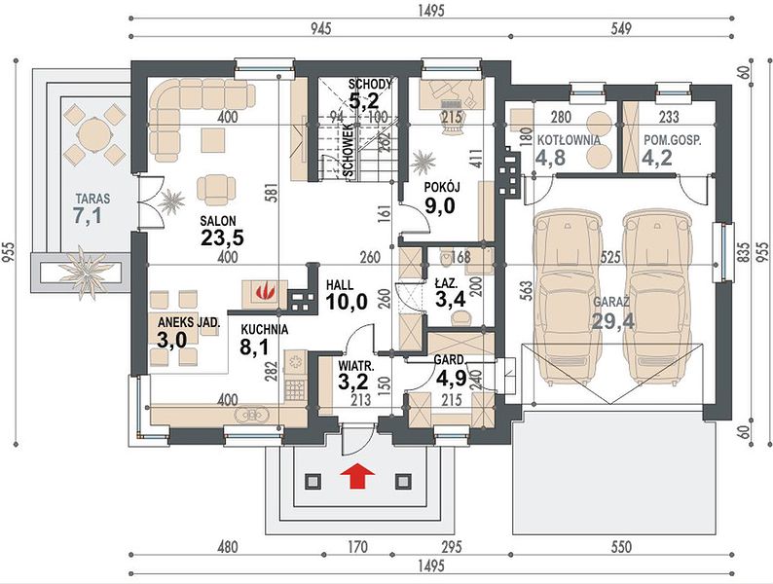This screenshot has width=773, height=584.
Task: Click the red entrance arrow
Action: coord(357,476)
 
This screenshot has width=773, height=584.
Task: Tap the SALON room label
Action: coord(218,221)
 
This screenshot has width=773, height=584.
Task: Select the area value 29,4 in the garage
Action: coord(612,321)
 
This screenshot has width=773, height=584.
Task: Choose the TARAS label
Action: coord(92,200)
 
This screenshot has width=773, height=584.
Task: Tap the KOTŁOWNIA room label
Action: coord(569,140)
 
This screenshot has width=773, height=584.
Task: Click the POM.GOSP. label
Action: coord(673,140)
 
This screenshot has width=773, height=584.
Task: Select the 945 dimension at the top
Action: coord(320,28)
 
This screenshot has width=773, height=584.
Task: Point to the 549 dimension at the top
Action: coord(621,28)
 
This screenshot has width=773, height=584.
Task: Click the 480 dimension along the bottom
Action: coord(227,547)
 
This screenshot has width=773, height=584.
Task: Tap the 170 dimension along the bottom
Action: coord(357,547)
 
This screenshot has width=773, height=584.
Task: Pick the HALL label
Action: coord(340,285)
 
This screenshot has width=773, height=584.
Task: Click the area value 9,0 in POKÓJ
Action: coord(440,205)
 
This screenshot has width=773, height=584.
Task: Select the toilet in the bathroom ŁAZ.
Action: coord(447,255)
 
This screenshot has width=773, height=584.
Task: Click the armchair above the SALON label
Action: coord(216,189)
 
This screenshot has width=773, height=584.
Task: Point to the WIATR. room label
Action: coord(356,366)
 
